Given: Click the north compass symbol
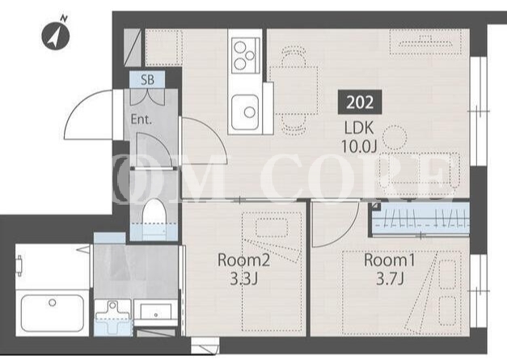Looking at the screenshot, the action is click(56, 35).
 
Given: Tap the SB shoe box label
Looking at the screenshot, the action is click(147, 79).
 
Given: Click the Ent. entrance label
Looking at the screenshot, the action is click(142, 120).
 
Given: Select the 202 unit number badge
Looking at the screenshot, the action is click(360, 102).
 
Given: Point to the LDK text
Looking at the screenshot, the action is click(359, 129).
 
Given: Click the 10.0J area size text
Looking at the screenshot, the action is click(359, 147).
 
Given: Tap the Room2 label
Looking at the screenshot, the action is click(243, 260).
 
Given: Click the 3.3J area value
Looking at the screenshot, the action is click(244, 279).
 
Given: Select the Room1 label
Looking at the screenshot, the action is click(389, 260).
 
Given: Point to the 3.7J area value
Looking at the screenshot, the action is click(390, 279).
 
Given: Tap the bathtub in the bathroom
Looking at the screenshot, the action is click(52, 313).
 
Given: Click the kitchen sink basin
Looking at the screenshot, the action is click(245, 112).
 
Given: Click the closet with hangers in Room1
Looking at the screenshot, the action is click(420, 219).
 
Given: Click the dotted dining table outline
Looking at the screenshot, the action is click(294, 91).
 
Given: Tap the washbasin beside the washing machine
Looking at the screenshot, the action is click(155, 311).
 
